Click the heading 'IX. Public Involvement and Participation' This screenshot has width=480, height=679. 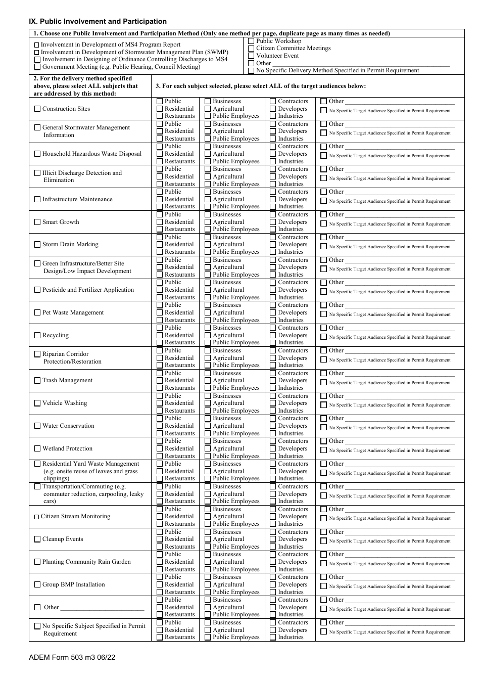pyautogui.click(x=98, y=21)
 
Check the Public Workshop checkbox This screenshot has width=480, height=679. pyautogui.click(x=251, y=41)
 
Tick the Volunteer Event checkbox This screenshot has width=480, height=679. pyautogui.click(x=251, y=56)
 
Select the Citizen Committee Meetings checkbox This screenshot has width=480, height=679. pyautogui.click(x=251, y=49)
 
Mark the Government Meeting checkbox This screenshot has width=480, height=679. pyautogui.click(x=37, y=67)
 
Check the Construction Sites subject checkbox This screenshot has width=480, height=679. pyautogui.click(x=37, y=109)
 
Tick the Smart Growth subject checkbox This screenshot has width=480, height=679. pyautogui.click(x=37, y=222)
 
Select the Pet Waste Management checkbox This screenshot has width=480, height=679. pyautogui.click(x=37, y=312)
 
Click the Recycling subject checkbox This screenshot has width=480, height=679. pyautogui.click(x=37, y=335)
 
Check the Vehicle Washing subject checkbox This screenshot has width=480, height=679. pyautogui.click(x=37, y=403)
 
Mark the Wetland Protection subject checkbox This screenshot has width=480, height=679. pyautogui.click(x=37, y=448)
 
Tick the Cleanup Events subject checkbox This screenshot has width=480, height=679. pyautogui.click(x=37, y=539)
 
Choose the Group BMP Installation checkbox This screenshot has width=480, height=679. pyautogui.click(x=37, y=584)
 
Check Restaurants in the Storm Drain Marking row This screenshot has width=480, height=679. pyautogui.click(x=160, y=252)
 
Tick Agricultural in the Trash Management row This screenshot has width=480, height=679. pyautogui.click(x=208, y=381)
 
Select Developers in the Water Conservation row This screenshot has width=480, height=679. pyautogui.click(x=273, y=426)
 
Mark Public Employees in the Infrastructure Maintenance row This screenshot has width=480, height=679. pyautogui.click(x=208, y=207)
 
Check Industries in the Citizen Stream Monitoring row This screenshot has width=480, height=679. pyautogui.click(x=273, y=524)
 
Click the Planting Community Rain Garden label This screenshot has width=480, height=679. pyautogui.click(x=86, y=562)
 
